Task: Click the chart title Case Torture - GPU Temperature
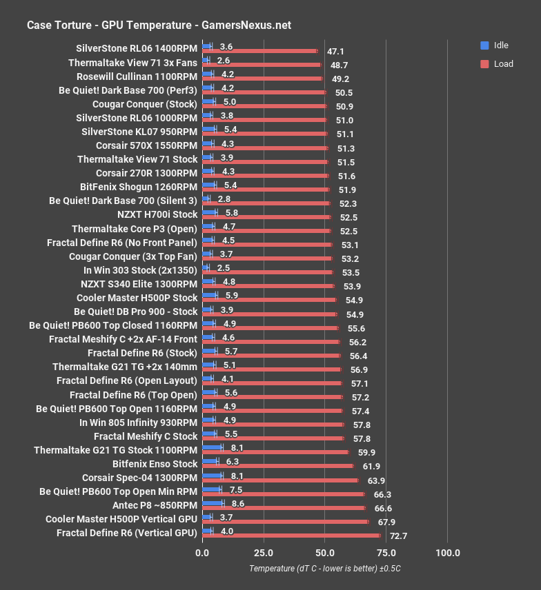coord(159,26)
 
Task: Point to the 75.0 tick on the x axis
coord(386,553)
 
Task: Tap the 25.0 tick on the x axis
coord(264,553)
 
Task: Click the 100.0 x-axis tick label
coord(448,553)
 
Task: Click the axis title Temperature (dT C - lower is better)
coord(325,569)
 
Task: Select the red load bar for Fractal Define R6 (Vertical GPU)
coord(291,535)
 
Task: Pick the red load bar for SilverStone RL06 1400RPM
coord(260,51)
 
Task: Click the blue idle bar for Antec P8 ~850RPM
coord(213,503)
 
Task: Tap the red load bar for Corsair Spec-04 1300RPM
coord(280,480)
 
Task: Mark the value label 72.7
coord(398,535)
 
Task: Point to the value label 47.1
coord(335,51)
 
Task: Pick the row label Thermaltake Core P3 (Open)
coord(134,228)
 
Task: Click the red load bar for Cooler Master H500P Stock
coord(269,300)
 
